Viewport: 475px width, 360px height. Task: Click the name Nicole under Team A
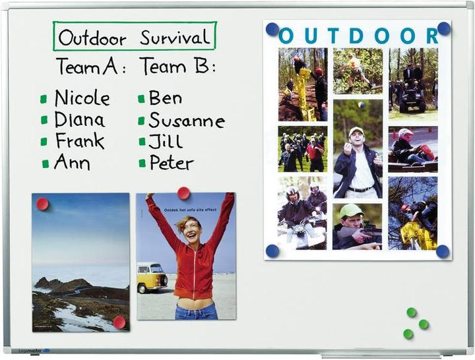pos(82,99)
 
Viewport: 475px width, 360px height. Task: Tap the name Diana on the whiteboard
pos(79,120)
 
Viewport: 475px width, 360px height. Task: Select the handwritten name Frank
pos(79,140)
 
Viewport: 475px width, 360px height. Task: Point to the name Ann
pos(72,162)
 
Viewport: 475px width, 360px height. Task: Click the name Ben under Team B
pos(165,98)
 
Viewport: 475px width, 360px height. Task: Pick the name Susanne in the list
pos(187,121)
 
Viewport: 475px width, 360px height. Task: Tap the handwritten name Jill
pos(166,141)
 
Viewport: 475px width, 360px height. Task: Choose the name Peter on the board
pos(172,163)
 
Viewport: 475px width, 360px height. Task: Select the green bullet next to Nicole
pos(44,100)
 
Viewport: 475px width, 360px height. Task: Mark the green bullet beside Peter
pos(142,163)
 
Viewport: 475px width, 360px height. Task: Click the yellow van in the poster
pos(152,278)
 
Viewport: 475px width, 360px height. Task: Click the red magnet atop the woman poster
pos(183,193)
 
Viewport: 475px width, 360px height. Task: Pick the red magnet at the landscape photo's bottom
pos(119,322)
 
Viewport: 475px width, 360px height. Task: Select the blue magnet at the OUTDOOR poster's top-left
pos(272,29)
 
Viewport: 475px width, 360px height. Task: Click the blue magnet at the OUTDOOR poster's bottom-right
pos(442,251)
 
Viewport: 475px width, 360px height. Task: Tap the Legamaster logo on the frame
pos(33,351)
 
